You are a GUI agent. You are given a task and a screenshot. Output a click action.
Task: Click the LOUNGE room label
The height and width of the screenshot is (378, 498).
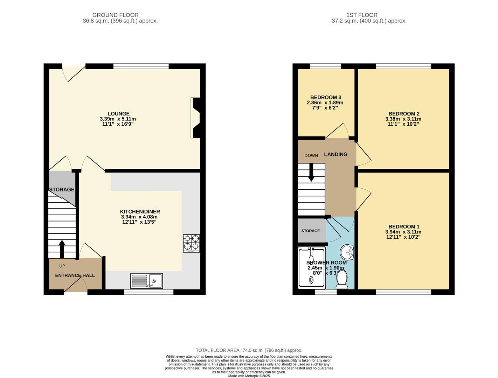(x=118, y=114)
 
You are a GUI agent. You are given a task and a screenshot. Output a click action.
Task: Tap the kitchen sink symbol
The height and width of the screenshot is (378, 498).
(x=146, y=281)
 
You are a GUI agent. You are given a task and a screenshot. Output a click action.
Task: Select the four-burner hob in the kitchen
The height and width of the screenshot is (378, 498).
(x=191, y=243)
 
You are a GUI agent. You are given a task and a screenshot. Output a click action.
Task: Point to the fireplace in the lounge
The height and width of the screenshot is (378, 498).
(x=196, y=118)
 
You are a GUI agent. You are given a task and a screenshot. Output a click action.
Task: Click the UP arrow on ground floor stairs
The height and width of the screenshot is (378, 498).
(x=62, y=249)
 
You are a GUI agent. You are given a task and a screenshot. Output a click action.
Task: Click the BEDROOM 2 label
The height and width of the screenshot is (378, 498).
(x=403, y=114)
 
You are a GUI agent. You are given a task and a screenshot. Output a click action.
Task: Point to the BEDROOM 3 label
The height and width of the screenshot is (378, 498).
(x=325, y=97)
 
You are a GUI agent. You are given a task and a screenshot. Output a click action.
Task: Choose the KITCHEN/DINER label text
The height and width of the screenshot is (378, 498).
(x=140, y=212)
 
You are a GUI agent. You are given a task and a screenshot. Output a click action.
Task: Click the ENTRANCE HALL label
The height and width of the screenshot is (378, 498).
(x=75, y=275)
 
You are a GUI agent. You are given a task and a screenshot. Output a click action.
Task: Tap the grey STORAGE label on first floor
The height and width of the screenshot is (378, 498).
(x=311, y=231)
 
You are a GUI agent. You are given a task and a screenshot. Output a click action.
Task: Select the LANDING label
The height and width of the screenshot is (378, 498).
(x=336, y=154)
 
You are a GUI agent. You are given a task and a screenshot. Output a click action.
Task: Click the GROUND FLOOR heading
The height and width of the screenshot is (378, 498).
(x=115, y=15)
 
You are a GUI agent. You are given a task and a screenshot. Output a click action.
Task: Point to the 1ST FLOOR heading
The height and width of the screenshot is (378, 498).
(x=362, y=15)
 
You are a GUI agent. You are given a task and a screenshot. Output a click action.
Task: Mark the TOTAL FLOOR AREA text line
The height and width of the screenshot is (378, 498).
(x=249, y=350)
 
